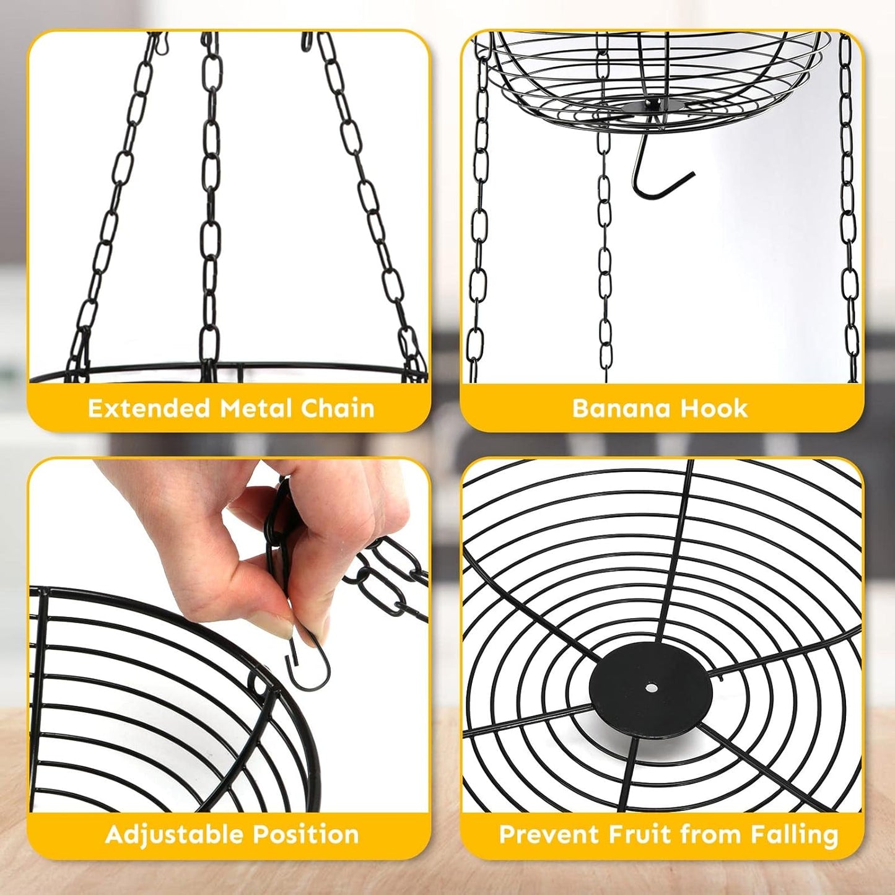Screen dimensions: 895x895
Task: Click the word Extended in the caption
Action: coord(149,409)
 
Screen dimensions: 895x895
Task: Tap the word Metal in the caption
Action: coord(255,409)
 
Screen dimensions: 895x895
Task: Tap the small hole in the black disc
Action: coord(651,687)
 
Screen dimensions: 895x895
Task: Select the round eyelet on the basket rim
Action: coord(258,684)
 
